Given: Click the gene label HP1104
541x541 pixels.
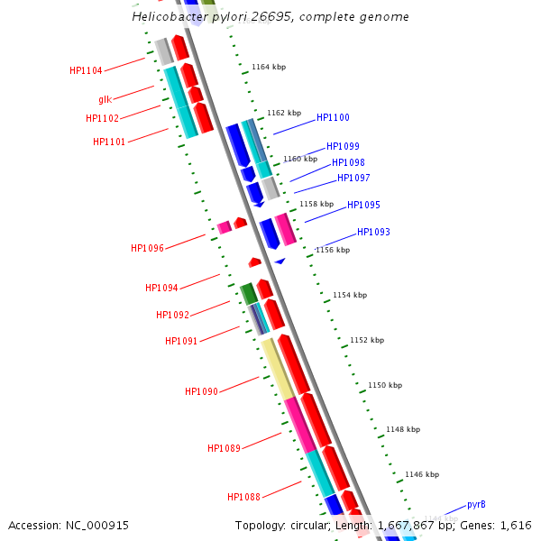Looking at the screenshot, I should pyautogui.click(x=86, y=70).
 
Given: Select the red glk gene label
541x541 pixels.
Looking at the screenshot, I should pyautogui.click(x=105, y=100).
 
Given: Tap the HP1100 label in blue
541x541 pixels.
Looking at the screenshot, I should pyautogui.click(x=333, y=118).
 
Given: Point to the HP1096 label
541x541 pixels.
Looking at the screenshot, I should pyautogui.click(x=147, y=249).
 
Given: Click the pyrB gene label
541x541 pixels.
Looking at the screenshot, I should pyautogui.click(x=476, y=505).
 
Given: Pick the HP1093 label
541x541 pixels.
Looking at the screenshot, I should pyautogui.click(x=373, y=233).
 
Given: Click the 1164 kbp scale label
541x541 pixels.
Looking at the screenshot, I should pyautogui.click(x=268, y=68).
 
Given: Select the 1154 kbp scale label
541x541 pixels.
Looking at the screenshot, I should pyautogui.click(x=350, y=296).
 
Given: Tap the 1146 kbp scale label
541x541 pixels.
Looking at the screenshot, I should pyautogui.click(x=422, y=474).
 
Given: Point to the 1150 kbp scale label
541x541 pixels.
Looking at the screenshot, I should pyautogui.click(x=385, y=386).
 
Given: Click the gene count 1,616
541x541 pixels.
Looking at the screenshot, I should pyautogui.click(x=515, y=526).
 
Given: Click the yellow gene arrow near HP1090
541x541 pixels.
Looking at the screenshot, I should pyautogui.click(x=278, y=369).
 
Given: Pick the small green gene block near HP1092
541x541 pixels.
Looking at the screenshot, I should pyautogui.click(x=248, y=294).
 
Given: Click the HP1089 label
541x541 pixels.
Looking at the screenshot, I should pyautogui.click(x=224, y=449).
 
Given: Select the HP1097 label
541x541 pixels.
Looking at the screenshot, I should pyautogui.click(x=353, y=179).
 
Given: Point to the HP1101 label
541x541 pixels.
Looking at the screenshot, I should pyautogui.click(x=109, y=142).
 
